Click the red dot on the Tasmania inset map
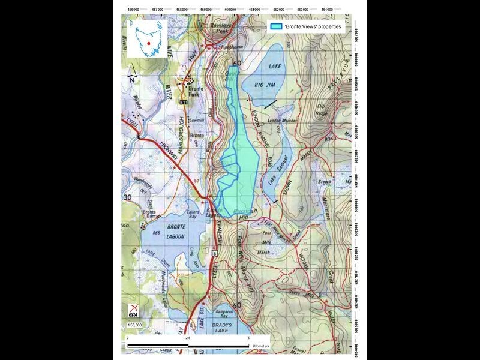click(147, 43)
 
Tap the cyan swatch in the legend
click(276, 27)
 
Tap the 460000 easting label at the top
click(230, 10)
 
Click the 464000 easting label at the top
click(327, 10)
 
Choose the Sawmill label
click(197, 120)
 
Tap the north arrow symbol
click(133, 76)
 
